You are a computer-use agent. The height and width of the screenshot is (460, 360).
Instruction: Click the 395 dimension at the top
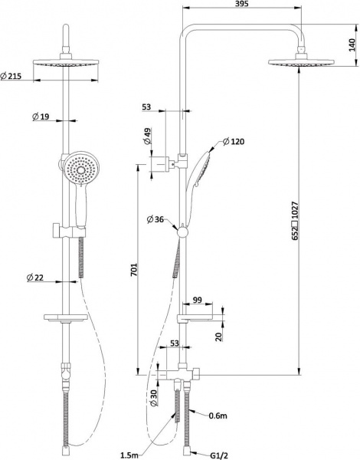click(x=242, y=4)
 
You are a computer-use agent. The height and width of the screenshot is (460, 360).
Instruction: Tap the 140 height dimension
click(x=352, y=44)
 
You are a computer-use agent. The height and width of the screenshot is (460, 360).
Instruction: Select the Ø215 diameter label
click(x=11, y=76)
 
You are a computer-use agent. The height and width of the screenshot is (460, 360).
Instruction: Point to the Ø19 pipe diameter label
click(x=41, y=117)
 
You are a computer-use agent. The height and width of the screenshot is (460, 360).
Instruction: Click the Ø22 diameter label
click(x=35, y=278)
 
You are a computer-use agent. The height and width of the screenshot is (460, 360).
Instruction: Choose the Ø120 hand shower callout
click(x=234, y=142)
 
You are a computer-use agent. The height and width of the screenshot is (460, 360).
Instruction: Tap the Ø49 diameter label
click(x=148, y=136)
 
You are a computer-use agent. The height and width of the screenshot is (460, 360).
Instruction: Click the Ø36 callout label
click(x=155, y=219)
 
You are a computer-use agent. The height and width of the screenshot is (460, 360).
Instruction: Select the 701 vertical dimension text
click(x=133, y=270)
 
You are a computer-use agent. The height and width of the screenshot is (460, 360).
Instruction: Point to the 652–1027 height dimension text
click(x=295, y=221)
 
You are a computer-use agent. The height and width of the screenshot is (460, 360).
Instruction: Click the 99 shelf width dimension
click(x=198, y=300)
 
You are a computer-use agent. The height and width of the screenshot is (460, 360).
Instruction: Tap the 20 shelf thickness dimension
click(x=219, y=337)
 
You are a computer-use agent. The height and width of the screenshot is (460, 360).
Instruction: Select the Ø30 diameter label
click(x=154, y=398)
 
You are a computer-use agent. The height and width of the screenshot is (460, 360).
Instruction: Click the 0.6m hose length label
click(x=218, y=416)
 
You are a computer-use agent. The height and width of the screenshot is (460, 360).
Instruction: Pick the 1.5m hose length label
click(x=129, y=455)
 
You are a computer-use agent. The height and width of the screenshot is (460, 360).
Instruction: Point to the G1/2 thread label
click(x=219, y=455)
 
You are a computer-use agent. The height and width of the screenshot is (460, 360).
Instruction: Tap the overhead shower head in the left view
click(x=66, y=63)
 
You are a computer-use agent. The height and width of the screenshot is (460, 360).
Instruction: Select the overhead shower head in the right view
click(x=301, y=61)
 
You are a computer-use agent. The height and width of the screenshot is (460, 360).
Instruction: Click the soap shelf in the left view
click(x=66, y=317)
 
